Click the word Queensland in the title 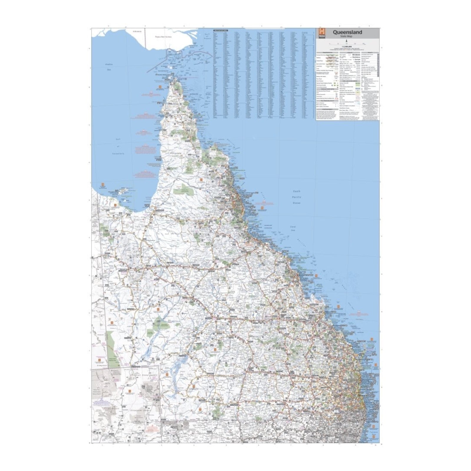347,32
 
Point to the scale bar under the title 347,44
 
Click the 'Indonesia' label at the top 137,30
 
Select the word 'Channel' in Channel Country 163,337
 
